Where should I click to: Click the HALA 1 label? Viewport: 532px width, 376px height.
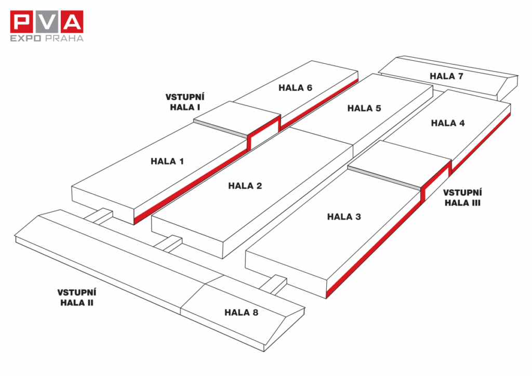167,162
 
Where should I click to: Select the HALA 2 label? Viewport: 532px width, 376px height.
245,186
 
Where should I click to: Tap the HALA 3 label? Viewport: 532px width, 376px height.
344,217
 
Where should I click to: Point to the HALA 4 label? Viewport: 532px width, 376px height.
448,123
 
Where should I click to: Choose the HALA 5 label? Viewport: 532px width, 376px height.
364,109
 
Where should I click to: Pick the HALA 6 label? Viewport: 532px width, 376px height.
295,88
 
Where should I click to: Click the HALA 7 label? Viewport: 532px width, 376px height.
446,76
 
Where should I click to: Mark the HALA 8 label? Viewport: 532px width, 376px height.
241,312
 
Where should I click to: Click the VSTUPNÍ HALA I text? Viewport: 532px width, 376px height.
185,102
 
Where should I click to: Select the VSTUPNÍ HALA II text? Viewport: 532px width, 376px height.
76,297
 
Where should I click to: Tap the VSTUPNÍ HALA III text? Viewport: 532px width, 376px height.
462,198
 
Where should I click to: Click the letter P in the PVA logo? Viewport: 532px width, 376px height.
23,22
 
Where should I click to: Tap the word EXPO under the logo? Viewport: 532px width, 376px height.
26,38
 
